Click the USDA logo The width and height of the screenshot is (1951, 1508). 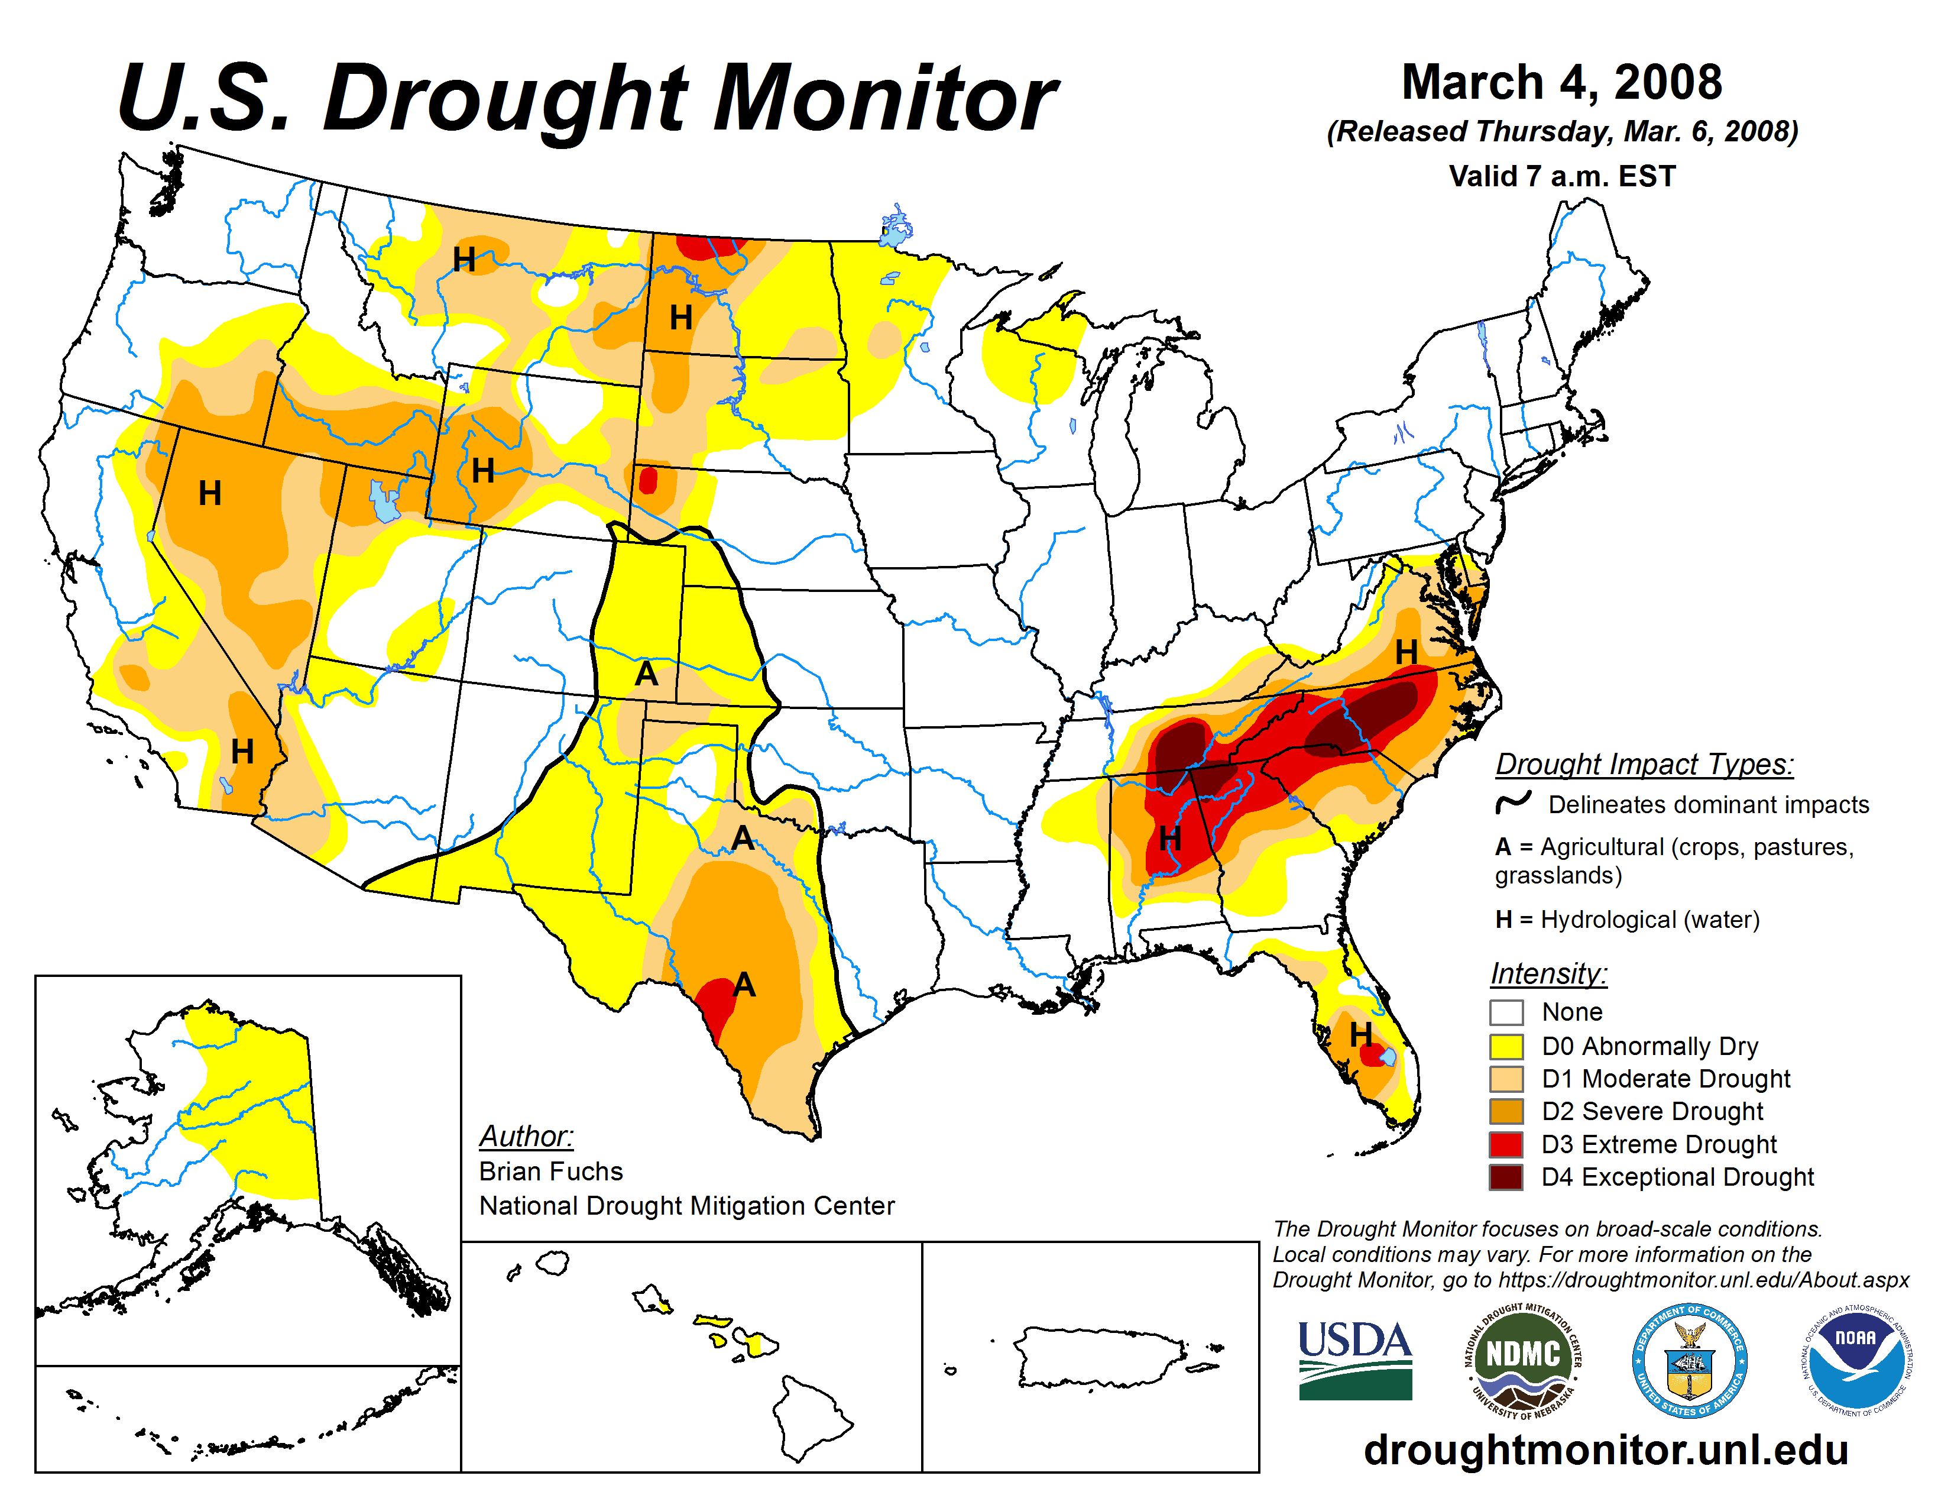point(1354,1360)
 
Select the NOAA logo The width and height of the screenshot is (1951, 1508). point(1855,1360)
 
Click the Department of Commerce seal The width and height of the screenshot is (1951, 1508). point(1689,1360)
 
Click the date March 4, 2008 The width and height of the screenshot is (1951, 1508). point(1561,82)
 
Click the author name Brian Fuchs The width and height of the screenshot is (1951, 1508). point(550,1170)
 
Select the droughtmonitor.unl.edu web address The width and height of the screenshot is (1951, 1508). point(1605,1449)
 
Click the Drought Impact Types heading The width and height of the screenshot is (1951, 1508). point(1644,764)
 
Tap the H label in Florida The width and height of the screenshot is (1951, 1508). point(1360,1034)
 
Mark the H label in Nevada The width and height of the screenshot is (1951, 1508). point(209,492)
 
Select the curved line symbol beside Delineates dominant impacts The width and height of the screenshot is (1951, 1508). point(1514,802)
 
